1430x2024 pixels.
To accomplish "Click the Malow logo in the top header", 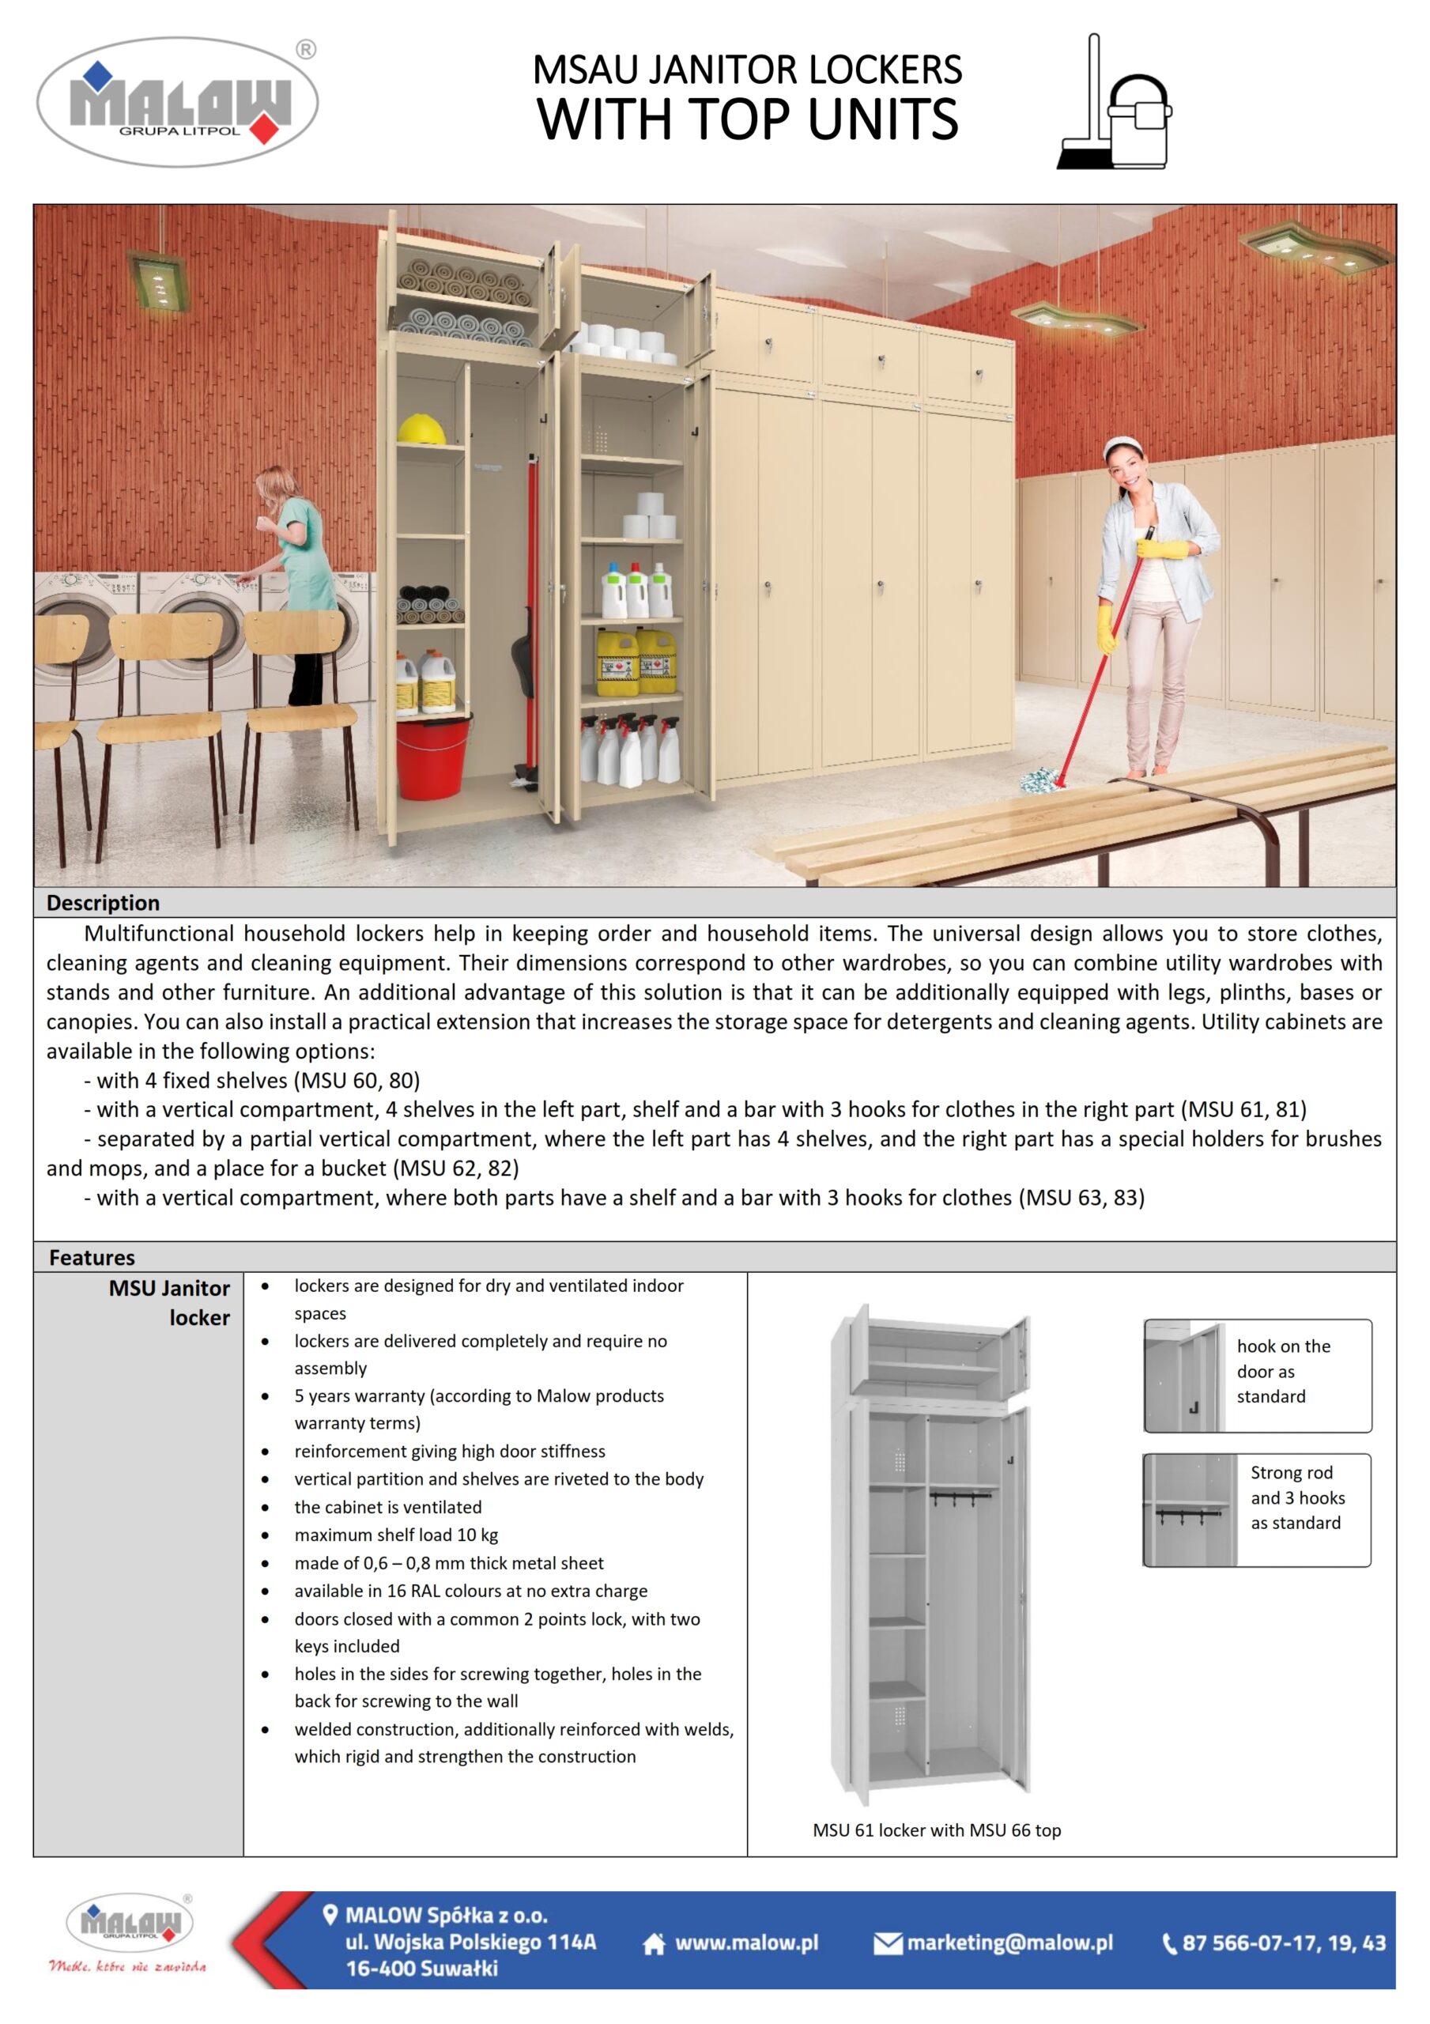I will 177,102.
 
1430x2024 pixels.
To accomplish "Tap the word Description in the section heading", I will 103,903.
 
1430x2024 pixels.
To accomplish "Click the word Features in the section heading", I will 92,1257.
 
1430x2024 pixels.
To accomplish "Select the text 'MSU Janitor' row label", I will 168,1288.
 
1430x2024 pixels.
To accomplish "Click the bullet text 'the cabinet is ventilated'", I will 388,1507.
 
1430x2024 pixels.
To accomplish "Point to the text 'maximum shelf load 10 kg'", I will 396,1535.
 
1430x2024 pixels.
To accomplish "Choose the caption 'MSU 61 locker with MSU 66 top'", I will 936,1830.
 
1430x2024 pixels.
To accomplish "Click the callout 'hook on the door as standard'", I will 1282,1371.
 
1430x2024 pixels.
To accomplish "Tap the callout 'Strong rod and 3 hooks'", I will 1296,1497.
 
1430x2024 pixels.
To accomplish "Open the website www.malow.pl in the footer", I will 746,1943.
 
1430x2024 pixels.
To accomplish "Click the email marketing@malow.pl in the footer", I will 1009,1943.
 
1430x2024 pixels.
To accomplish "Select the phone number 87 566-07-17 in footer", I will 1283,1943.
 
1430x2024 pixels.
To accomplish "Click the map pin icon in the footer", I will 330,1915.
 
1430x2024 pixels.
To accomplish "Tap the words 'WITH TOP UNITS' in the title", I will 748,119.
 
